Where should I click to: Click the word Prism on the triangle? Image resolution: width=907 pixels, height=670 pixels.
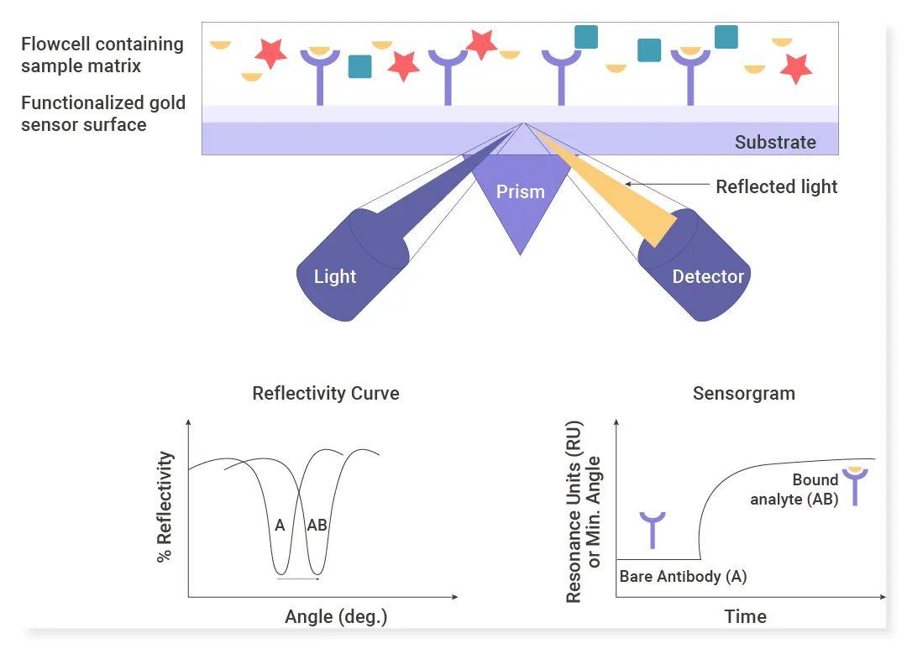click(x=520, y=191)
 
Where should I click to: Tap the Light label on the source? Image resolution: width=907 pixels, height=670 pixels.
click(x=334, y=276)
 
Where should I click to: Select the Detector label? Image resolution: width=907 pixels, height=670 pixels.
click(x=707, y=276)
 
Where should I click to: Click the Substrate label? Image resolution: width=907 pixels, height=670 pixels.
click(x=775, y=142)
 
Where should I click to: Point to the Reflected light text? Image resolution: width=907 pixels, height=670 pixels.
click(x=776, y=186)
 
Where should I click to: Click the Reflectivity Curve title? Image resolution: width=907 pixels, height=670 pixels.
click(x=326, y=393)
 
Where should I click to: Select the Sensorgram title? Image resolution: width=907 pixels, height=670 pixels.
click(x=744, y=394)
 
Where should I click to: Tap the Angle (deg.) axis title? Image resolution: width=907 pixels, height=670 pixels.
click(x=335, y=617)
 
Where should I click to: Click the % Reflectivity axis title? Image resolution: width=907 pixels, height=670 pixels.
click(x=165, y=506)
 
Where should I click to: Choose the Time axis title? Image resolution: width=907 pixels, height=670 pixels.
click(x=746, y=617)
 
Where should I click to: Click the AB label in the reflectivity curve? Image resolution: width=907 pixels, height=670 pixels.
click(x=317, y=525)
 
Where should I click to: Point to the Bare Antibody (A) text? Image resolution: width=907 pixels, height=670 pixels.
click(x=683, y=576)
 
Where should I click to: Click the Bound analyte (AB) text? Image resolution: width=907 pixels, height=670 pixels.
click(x=794, y=489)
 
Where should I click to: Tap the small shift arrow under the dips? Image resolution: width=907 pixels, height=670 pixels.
click(x=298, y=578)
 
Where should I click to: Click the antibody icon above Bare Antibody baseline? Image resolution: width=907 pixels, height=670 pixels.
click(x=653, y=530)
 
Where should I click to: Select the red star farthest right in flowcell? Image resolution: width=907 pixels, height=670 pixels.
click(x=796, y=68)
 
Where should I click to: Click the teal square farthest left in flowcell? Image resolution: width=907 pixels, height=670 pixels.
click(x=359, y=66)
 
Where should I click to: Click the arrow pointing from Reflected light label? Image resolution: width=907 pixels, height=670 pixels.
click(x=666, y=185)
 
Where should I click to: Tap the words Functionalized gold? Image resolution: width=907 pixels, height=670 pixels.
click(x=103, y=103)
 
